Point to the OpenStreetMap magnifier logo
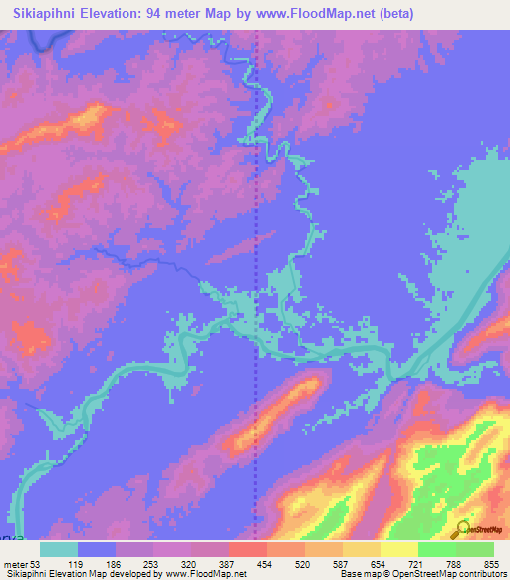[462, 530]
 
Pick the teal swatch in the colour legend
[59, 550]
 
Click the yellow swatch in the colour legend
[399, 550]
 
